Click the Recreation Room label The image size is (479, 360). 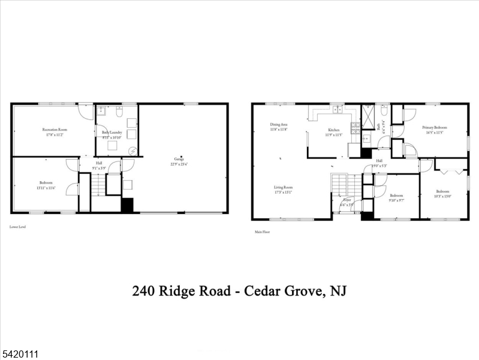(55, 130)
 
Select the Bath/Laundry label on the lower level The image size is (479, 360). (112, 132)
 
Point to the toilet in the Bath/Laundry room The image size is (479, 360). (120, 112)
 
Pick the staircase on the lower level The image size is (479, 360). (98, 184)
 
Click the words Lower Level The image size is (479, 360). (17, 227)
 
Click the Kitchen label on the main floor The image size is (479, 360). (333, 130)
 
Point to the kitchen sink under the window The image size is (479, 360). (338, 110)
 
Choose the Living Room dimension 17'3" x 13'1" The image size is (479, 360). (283, 193)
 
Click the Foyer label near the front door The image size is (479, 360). (347, 200)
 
